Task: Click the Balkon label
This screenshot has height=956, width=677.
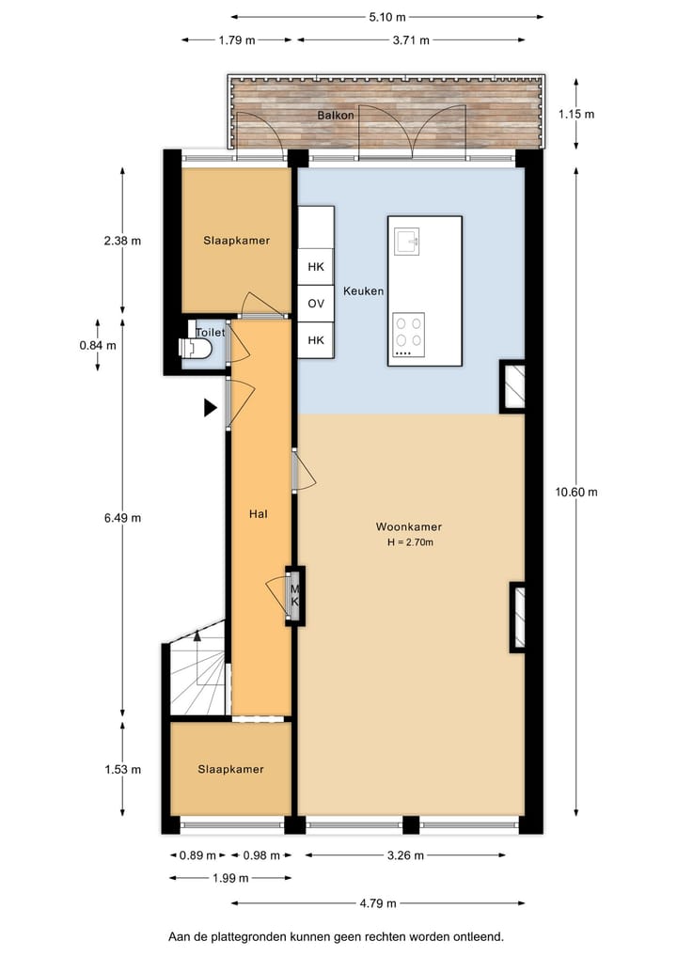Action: coord(336,116)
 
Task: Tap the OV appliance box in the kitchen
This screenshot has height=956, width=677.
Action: coord(316,304)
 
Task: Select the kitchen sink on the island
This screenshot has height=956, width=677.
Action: coord(408,242)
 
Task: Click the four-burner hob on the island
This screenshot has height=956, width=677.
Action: coord(408,333)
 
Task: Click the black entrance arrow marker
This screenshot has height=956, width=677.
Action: coord(211,407)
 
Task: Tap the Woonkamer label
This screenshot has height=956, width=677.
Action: coord(409,527)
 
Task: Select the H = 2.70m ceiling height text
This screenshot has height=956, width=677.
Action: coord(409,542)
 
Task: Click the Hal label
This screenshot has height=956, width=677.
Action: coord(259,514)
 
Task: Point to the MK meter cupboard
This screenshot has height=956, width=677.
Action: coord(294,594)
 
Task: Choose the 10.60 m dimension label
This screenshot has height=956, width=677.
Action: coord(576,492)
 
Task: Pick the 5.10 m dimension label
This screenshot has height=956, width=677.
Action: coord(386,17)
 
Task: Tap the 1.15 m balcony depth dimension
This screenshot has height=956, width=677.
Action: coord(576,114)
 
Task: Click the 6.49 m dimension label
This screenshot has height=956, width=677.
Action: coord(122,517)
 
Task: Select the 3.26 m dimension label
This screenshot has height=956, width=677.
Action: coord(403,855)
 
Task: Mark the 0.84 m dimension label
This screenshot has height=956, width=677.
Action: coord(98,345)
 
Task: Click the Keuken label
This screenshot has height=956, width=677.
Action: coord(363,291)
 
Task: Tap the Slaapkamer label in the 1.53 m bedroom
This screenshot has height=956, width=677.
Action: coord(230,769)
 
